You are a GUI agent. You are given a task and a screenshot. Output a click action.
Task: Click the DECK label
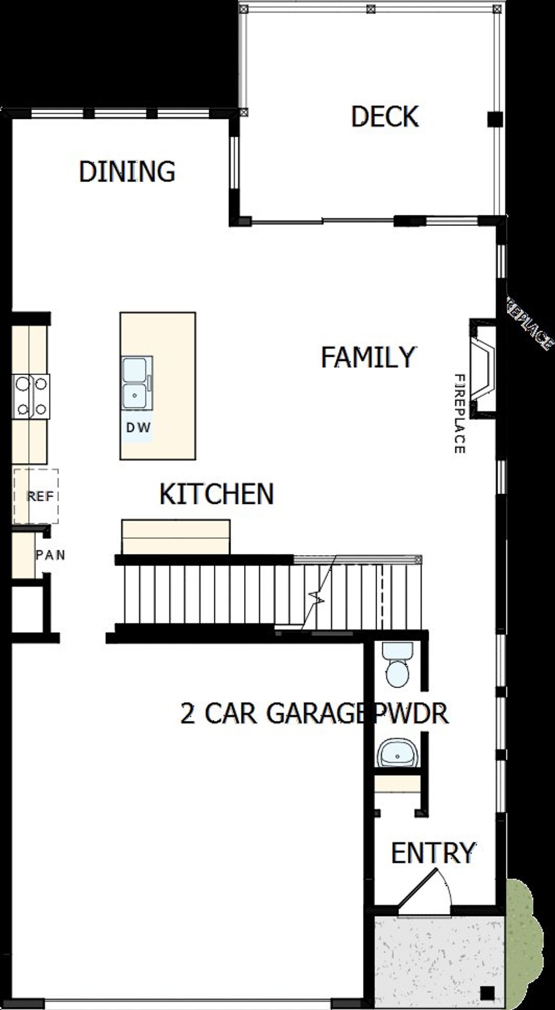[x=385, y=117]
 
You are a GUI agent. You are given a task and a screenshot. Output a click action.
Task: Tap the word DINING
[x=127, y=171]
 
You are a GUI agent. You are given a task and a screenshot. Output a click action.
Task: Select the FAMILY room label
[x=368, y=357]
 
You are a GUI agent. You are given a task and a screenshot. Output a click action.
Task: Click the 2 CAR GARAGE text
[x=271, y=713]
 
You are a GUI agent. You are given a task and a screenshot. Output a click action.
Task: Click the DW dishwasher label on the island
[x=138, y=428]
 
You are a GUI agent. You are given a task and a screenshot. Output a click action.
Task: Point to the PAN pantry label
[x=50, y=555]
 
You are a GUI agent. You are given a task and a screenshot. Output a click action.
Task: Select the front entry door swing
[x=427, y=889]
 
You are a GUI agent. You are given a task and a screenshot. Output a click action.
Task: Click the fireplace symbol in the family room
[x=483, y=369]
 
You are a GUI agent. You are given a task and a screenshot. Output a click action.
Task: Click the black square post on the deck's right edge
[x=495, y=119]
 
